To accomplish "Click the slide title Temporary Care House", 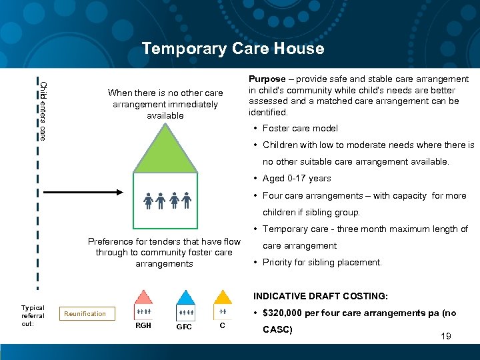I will point(233,49).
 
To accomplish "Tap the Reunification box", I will point(85,313).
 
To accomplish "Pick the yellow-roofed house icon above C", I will point(222,305).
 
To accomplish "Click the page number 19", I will point(446,337).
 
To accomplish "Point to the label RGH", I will point(143,326).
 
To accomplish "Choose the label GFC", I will point(184,327).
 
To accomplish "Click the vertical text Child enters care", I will point(43,110).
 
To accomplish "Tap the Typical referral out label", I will point(33,316).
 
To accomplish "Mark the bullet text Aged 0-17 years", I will point(297,178).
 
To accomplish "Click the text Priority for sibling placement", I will point(322,262).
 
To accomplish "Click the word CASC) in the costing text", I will point(277,329).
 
